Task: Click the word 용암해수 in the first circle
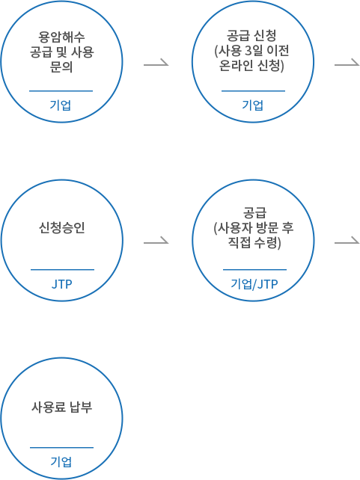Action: (x=61, y=37)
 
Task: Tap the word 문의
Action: (x=61, y=67)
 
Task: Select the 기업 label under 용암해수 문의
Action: (x=61, y=105)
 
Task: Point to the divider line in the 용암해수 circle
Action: (x=61, y=91)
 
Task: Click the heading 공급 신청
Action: (x=251, y=35)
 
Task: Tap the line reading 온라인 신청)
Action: (x=251, y=65)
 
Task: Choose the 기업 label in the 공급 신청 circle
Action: (x=253, y=105)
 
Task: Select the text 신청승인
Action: (x=61, y=228)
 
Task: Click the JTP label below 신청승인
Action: (x=62, y=284)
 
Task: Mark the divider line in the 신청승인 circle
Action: (x=63, y=270)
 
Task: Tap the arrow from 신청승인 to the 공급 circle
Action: (x=156, y=241)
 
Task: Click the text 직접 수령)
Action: (x=254, y=243)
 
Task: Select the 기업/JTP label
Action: (x=254, y=284)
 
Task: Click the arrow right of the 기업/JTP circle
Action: (x=347, y=241)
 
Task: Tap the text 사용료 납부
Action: (x=61, y=407)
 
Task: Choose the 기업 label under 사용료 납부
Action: (x=61, y=461)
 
